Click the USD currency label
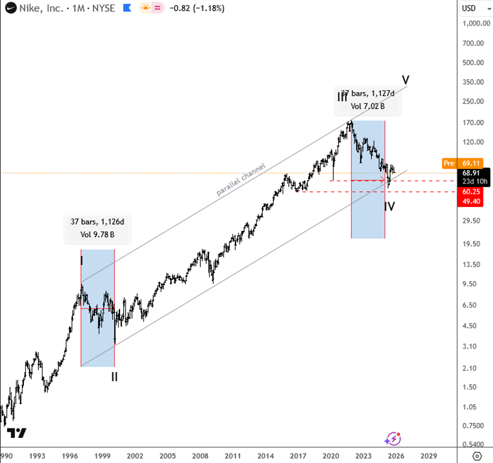point(469,9)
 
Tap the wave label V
point(406,80)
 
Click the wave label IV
point(389,206)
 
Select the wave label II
point(114,377)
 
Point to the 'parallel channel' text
point(241,180)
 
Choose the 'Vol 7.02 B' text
point(367,107)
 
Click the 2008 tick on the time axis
point(200,456)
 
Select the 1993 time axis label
point(37,456)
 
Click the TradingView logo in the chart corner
point(17,433)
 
